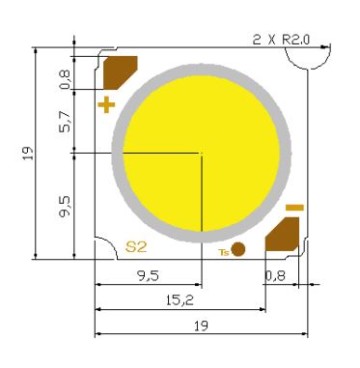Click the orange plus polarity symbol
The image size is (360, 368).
pyautogui.click(x=106, y=104)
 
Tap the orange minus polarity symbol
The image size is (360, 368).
pyautogui.click(x=294, y=208)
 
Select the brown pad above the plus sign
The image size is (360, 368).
pyautogui.click(x=121, y=72)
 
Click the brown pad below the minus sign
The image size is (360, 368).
pyautogui.click(x=282, y=235)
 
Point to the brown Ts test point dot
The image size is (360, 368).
pyautogui.click(x=238, y=249)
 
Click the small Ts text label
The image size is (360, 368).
pyautogui.click(x=224, y=252)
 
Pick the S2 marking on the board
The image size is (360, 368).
pyautogui.click(x=136, y=247)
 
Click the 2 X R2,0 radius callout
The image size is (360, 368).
pyautogui.click(x=281, y=40)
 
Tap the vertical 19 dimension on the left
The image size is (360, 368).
pyautogui.click(x=29, y=154)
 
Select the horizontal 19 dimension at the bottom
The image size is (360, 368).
pyautogui.click(x=201, y=326)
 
